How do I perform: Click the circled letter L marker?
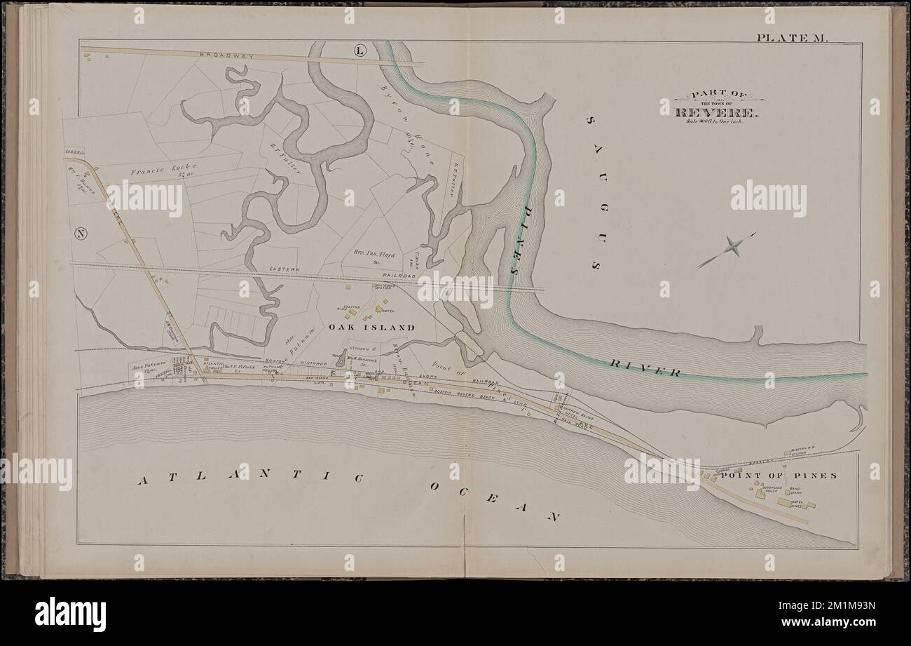[359, 51]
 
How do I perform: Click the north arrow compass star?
[732, 245]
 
